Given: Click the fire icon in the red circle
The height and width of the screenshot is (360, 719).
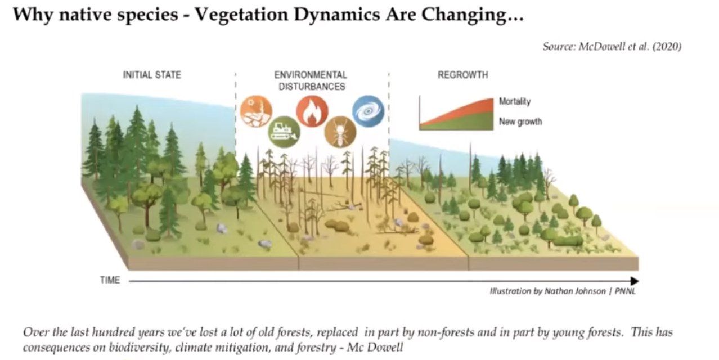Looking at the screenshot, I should (x=311, y=111).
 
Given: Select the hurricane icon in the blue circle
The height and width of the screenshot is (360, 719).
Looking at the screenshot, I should (x=368, y=110).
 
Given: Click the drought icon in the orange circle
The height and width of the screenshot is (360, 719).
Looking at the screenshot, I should (x=256, y=111).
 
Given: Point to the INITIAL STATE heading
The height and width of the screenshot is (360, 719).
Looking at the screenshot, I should (x=152, y=75).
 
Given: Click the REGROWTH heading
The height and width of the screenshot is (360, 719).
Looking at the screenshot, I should (x=463, y=75).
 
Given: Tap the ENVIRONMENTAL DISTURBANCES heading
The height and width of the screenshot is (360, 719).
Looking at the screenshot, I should (x=311, y=80).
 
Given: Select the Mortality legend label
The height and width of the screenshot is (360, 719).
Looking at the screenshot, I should (x=514, y=102).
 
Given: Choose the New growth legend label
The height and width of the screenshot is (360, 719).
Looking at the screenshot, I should (x=520, y=121).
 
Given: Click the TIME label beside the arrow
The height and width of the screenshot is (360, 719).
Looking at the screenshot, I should (x=110, y=280).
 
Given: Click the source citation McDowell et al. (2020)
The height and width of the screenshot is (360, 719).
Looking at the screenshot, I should (x=612, y=47).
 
